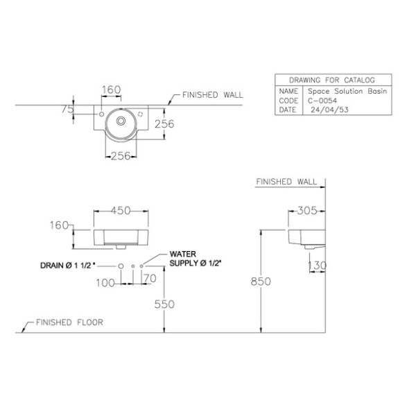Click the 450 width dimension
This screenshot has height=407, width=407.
tap(121, 211)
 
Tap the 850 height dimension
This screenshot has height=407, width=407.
tap(261, 282)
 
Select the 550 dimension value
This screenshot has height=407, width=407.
tap(164, 304)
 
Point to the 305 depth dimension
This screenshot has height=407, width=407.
tap(307, 211)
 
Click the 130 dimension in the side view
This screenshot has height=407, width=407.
tap(317, 266)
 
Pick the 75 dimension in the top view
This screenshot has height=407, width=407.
tap(68, 110)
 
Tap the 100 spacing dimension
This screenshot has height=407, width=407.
tap(105, 283)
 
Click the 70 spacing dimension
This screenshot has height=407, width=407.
tap(150, 279)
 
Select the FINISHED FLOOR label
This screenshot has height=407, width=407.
tap(69, 322)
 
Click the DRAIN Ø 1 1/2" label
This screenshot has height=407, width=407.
tap(68, 266)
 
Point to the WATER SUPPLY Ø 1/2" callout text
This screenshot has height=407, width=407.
tap(196, 259)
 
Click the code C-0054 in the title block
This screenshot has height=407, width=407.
tap(322, 101)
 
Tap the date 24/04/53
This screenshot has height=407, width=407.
tap(329, 110)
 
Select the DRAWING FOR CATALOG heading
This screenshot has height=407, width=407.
tap(332, 80)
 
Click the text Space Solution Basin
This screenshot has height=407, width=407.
tap(347, 91)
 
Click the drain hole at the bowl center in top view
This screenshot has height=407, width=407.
tap(121, 121)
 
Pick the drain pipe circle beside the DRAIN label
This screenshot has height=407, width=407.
tap(121, 266)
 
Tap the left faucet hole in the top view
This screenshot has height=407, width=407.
tap(102, 114)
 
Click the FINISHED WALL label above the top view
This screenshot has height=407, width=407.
tap(213, 95)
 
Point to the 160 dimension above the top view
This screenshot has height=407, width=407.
tap(111, 90)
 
